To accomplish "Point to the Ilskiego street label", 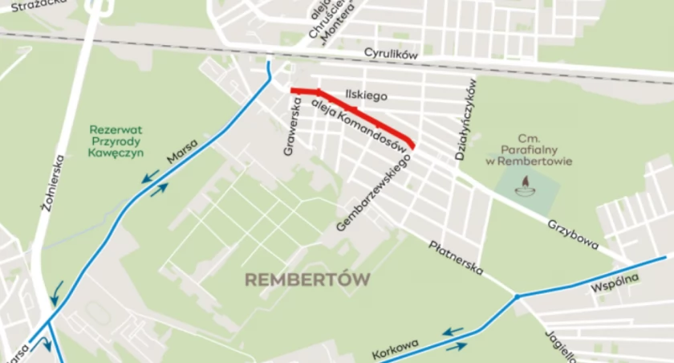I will [x=366, y=96].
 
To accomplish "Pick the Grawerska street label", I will [x=292, y=126].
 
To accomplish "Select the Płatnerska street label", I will [x=456, y=257].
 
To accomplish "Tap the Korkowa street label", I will [x=396, y=350].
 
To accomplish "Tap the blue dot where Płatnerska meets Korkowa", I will [x=518, y=298].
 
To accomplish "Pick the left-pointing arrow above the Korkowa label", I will [x=453, y=330].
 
